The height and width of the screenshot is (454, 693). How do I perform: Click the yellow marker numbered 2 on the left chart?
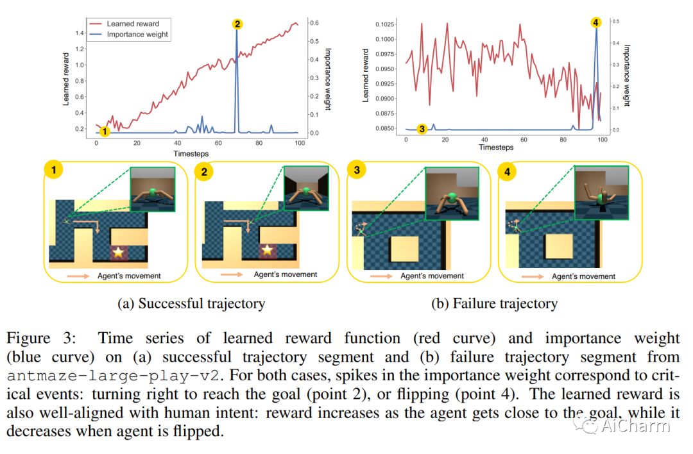(x=237, y=24)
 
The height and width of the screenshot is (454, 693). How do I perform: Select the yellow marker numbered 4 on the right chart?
(x=596, y=22)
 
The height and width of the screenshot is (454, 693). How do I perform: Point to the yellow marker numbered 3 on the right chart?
(x=422, y=129)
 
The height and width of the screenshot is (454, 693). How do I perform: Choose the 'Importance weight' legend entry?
(x=137, y=35)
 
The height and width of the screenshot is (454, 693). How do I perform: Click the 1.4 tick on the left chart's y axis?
(x=80, y=33)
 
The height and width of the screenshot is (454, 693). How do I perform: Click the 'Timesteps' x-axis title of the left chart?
(x=191, y=154)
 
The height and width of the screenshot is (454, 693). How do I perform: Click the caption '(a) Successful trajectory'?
(x=191, y=303)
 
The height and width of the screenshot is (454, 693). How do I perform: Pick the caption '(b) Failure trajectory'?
(x=494, y=303)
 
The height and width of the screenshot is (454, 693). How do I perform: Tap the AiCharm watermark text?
(x=635, y=425)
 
